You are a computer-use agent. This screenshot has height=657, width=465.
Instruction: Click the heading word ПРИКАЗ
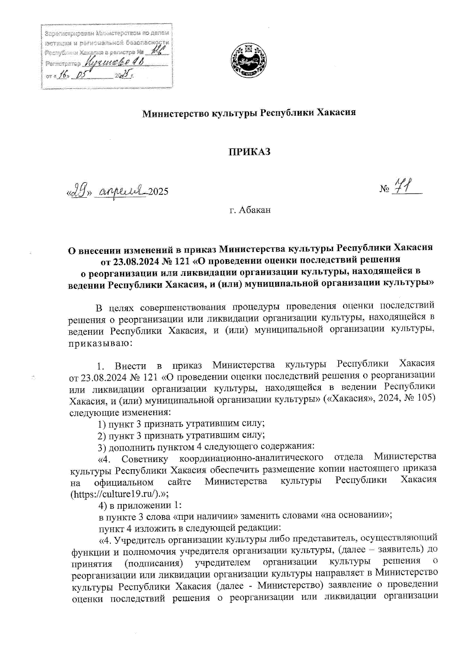click(x=249, y=152)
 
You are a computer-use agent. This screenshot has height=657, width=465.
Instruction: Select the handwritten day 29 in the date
click(x=80, y=192)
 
